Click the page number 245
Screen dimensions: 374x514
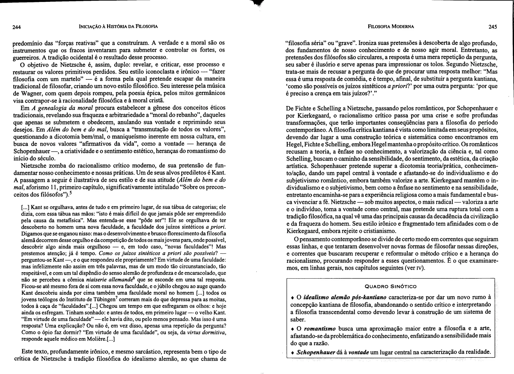pyautogui.click(x=493, y=27)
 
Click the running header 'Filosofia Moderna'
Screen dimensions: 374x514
pyautogui.click(x=391, y=26)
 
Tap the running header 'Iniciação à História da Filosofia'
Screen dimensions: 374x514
pyautogui.click(x=118, y=26)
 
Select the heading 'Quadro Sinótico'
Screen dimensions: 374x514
pyautogui.click(x=391, y=286)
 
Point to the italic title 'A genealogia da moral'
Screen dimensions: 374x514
pyautogui.click(x=62, y=108)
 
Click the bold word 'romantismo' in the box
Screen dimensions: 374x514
pyautogui.click(x=319, y=329)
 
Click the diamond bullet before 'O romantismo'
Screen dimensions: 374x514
pyautogui.click(x=292, y=329)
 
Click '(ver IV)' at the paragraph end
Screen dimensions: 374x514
pyautogui.click(x=415, y=268)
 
